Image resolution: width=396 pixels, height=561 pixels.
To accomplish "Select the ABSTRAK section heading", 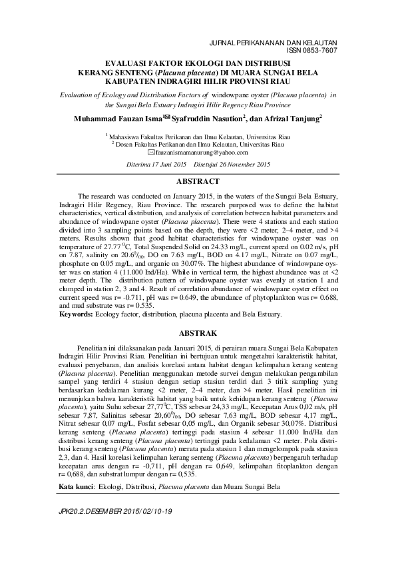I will (x=198, y=332).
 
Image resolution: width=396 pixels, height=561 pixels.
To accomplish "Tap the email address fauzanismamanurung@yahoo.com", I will (x=201, y=152).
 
